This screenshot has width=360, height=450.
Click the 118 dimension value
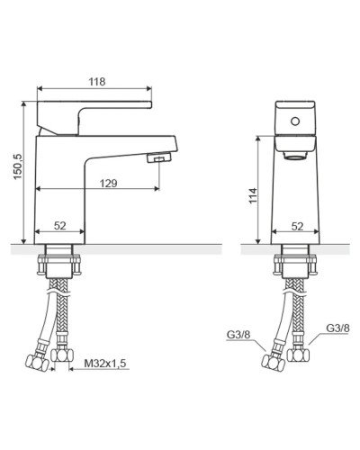click(97, 82)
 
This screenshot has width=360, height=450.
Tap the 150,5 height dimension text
click(18, 166)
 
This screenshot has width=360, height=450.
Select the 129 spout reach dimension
click(108, 183)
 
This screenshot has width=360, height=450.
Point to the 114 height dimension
click(253, 195)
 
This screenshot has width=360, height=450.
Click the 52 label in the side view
click(60, 226)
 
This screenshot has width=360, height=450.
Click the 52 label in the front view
click(297, 227)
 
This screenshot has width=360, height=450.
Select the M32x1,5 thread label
click(105, 364)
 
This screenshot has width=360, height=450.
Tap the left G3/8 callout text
click(238, 335)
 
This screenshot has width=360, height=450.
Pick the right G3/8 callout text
click(337, 328)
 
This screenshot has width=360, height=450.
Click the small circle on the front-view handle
click(295, 121)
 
